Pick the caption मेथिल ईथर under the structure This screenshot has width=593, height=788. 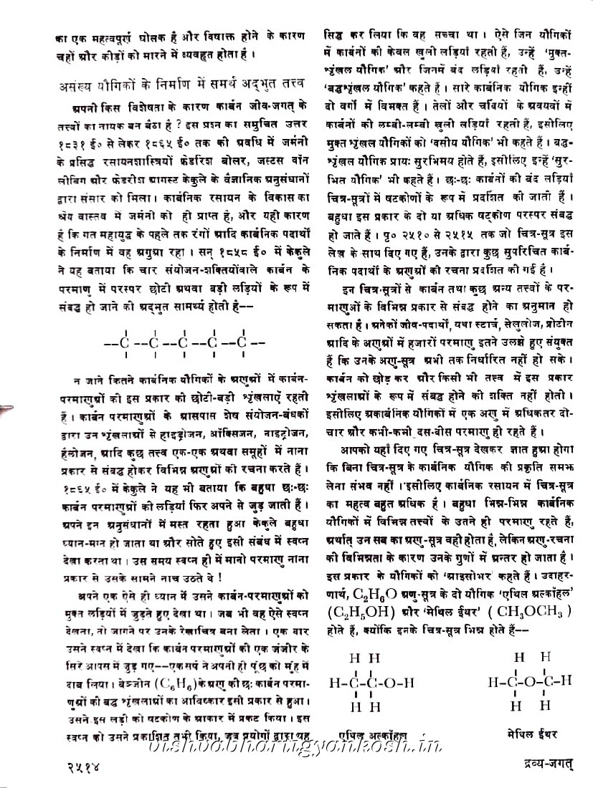click(531, 734)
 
